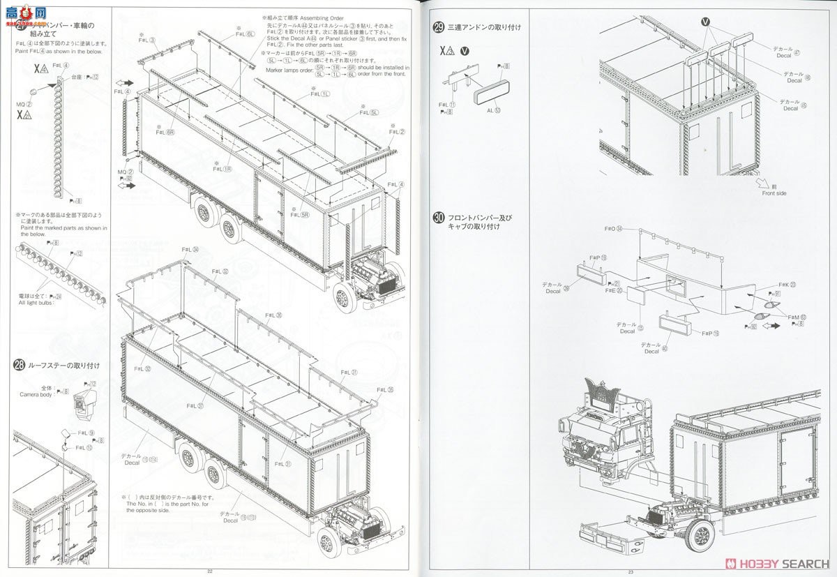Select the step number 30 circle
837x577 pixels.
point(439,218)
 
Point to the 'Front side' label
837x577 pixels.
point(774,193)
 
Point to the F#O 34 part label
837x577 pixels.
point(613,229)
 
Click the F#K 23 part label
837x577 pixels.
point(787,284)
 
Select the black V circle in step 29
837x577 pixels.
point(465,50)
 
